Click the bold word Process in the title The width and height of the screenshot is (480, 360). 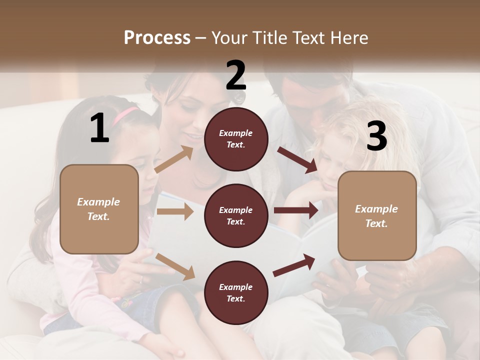click(157, 37)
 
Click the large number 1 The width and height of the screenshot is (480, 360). click(99, 128)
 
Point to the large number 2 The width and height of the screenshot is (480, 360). click(236, 75)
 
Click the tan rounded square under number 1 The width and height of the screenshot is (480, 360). click(99, 209)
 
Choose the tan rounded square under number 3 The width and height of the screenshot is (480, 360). click(376, 216)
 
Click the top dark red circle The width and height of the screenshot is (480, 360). click(236, 139)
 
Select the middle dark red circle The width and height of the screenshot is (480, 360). click(236, 216)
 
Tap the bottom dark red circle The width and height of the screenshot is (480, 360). click(236, 293)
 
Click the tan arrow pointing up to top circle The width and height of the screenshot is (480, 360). click(174, 159)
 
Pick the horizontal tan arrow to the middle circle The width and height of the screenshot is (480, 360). click(175, 211)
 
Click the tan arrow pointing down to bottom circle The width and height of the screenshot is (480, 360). click(175, 266)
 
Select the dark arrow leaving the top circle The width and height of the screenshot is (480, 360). click(297, 159)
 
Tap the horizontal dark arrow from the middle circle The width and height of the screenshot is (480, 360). click(296, 210)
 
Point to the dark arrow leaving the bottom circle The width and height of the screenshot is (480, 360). click(294, 265)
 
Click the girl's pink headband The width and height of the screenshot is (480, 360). click(125, 115)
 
